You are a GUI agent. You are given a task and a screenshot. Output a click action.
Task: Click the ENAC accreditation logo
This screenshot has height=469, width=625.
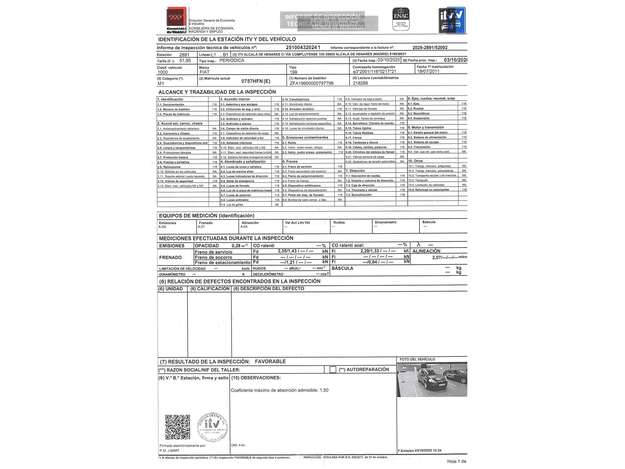[401, 19]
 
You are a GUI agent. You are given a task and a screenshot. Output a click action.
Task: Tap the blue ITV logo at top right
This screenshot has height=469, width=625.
[452, 20]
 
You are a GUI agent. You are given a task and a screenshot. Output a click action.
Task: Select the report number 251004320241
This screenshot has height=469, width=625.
[303, 48]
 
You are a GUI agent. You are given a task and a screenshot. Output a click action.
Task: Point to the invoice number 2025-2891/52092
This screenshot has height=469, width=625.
[430, 48]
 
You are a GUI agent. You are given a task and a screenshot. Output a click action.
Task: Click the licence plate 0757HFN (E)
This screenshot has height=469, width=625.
[256, 81]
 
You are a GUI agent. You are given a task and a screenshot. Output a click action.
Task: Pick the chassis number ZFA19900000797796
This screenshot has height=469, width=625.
[312, 83]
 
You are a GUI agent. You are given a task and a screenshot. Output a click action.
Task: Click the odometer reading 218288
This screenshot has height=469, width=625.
[360, 83]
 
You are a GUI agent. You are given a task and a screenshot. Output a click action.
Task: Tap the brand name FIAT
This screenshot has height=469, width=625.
[204, 72]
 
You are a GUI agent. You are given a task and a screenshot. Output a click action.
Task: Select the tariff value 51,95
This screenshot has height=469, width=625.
[185, 61]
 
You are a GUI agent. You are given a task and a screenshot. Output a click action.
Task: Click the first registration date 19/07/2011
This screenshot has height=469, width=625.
[428, 71]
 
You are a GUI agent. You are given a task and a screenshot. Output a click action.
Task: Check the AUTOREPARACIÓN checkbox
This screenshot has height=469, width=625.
[333, 370]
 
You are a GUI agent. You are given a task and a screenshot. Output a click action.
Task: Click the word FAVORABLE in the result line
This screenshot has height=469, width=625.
[270, 361]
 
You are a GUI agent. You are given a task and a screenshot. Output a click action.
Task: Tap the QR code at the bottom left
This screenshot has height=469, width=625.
[177, 427]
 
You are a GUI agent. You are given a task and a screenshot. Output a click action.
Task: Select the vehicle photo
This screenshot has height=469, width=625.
[432, 379]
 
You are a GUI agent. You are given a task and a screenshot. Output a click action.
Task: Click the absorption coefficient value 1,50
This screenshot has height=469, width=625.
[324, 390]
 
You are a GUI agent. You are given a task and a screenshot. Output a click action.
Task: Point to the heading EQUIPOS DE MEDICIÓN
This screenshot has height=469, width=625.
[207, 215]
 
